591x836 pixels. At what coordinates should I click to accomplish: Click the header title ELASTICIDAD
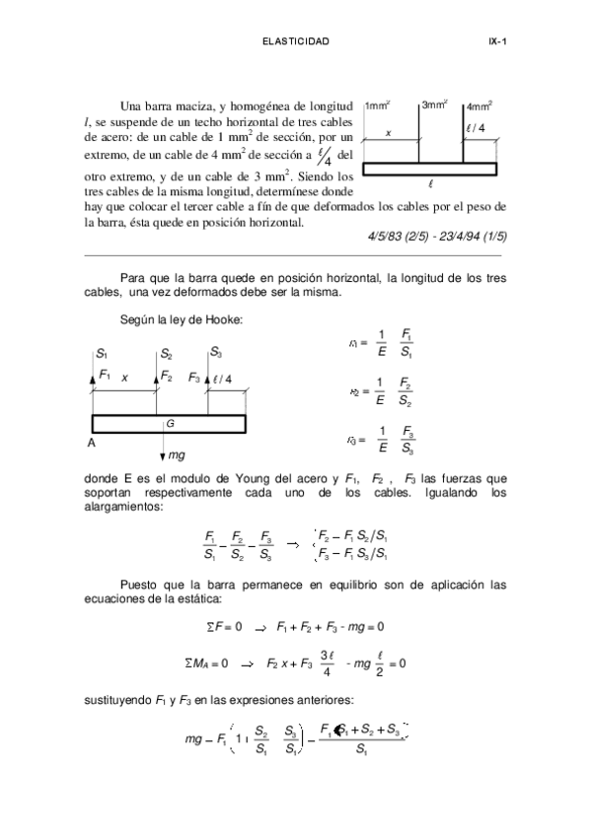point(295,41)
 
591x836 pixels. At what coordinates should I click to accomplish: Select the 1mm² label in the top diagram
point(377,104)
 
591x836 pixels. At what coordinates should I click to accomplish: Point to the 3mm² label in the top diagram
point(434,104)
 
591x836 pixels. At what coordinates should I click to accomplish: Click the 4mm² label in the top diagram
point(480,104)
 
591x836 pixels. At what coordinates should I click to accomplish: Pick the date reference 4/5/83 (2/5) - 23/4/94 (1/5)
point(435,238)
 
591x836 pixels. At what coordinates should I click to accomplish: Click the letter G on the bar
point(170,423)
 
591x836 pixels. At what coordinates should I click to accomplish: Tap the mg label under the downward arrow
point(177,455)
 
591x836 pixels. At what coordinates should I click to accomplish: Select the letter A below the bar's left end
point(92,444)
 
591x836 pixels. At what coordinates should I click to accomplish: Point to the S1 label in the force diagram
point(102,353)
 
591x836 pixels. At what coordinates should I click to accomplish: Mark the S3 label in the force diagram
point(215,353)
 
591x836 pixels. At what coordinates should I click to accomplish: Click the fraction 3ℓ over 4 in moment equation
point(327,663)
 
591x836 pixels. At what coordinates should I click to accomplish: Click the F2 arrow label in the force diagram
point(167,377)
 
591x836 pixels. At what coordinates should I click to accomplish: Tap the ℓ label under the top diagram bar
point(431,183)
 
